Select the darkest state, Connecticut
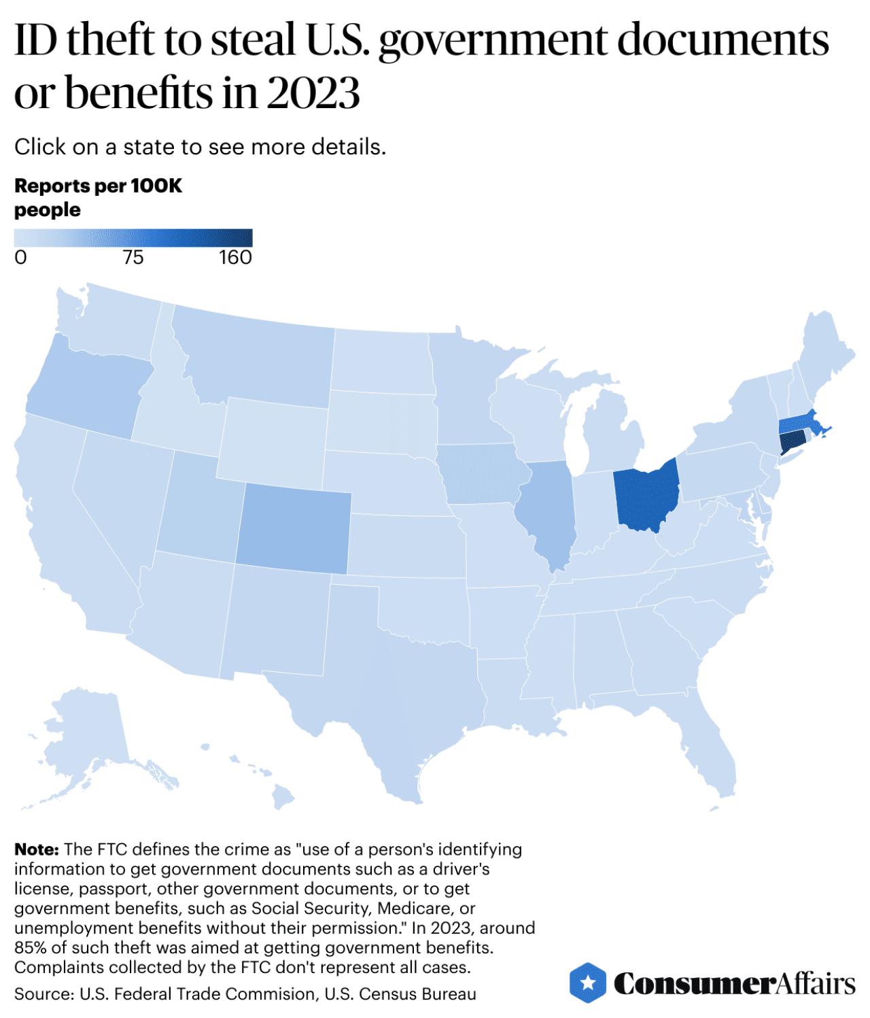tap(791, 444)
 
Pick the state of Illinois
tap(548, 510)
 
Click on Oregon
tap(85, 388)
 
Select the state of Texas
tap(394, 700)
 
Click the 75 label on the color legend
tap(133, 258)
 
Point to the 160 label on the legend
tap(235, 258)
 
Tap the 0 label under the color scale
tap(21, 258)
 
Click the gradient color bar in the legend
tap(133, 237)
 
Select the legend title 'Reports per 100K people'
tap(98, 197)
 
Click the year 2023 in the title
tap(313, 92)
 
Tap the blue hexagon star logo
tap(587, 983)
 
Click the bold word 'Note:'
tap(37, 849)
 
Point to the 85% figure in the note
tap(30, 947)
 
